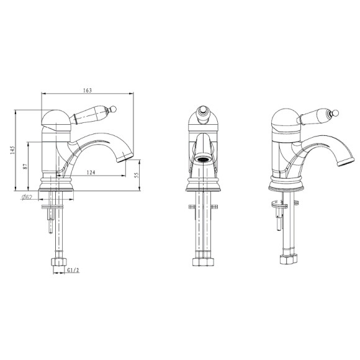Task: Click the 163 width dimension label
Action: click(88, 90)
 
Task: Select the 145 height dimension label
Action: click(12, 150)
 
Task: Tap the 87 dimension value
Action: click(25, 166)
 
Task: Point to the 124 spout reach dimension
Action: click(91, 172)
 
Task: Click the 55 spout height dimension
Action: click(137, 175)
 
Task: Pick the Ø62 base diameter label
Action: click(27, 197)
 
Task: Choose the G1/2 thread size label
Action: click(73, 270)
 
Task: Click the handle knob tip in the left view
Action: click(114, 109)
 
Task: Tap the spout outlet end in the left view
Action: click(125, 158)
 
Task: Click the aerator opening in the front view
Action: click(202, 160)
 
